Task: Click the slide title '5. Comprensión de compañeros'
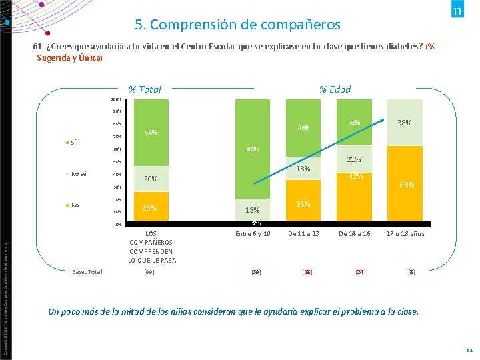point(237,25)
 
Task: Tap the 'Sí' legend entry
point(73,142)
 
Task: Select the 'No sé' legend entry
point(79,173)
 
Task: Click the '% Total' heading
point(145,89)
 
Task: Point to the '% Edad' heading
point(334,89)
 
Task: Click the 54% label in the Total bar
point(151,133)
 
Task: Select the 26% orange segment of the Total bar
point(151,208)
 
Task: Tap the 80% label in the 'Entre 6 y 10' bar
point(253,149)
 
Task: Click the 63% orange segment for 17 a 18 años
point(405,185)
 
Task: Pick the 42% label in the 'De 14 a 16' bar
point(356,176)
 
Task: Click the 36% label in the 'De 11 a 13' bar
point(303,204)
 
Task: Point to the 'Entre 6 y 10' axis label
point(253,234)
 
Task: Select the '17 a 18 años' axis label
point(405,234)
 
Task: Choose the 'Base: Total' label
point(88,271)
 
